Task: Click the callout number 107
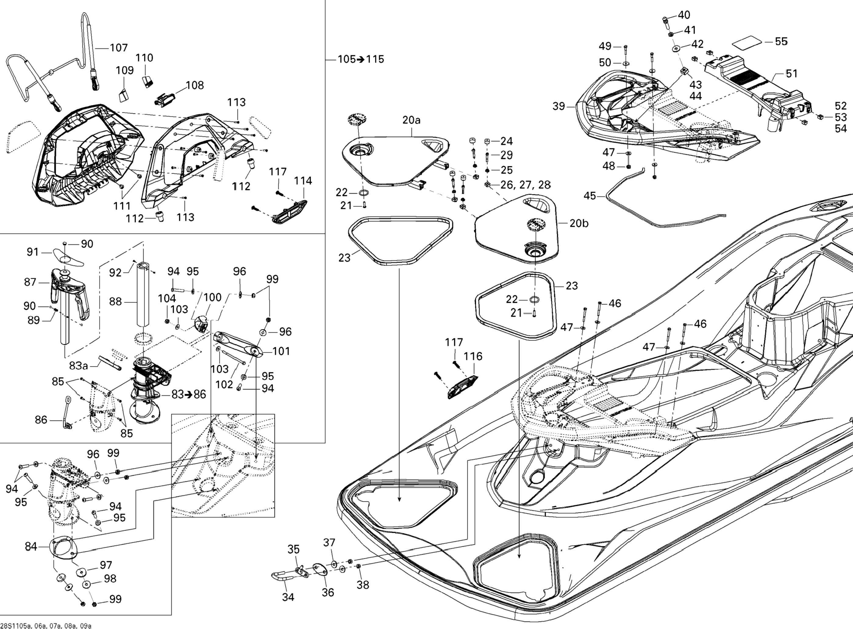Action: click(x=119, y=48)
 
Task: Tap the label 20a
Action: click(x=412, y=120)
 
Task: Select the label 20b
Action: click(x=579, y=224)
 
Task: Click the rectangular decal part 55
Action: click(x=746, y=43)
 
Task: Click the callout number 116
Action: click(x=473, y=356)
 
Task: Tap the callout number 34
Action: click(x=288, y=597)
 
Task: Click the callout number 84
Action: click(x=31, y=547)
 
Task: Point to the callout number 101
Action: click(x=281, y=351)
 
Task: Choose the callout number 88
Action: click(x=116, y=302)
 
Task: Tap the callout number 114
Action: click(x=303, y=181)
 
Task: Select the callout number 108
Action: click(x=195, y=85)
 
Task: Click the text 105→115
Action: click(x=361, y=59)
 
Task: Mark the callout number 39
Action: click(x=559, y=106)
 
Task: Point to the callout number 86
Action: click(x=41, y=420)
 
